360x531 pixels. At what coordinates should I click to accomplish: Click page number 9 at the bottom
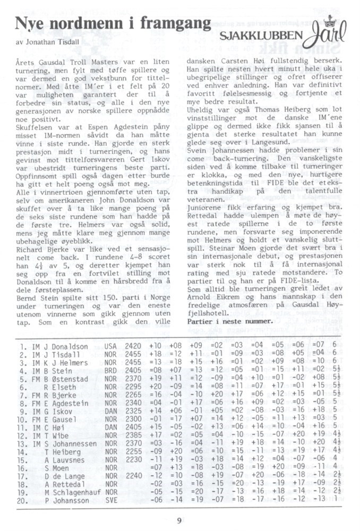(x=180, y=520)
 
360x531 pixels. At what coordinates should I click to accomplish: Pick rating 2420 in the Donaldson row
(x=133, y=346)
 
